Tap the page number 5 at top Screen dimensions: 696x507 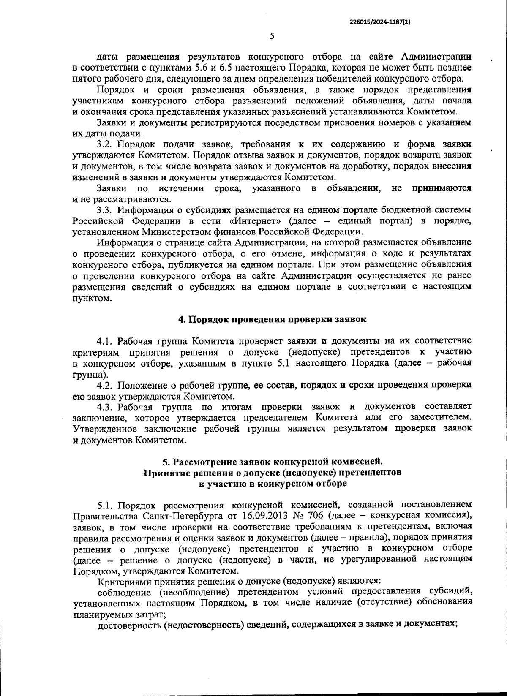point(272,36)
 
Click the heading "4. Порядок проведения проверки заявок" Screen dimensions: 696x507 point(272,319)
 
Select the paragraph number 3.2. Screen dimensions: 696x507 point(104,144)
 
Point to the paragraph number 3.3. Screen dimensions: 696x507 point(104,210)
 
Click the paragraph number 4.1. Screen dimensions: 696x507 point(104,341)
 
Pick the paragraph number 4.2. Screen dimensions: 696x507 point(104,385)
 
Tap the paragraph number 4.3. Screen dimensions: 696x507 point(104,407)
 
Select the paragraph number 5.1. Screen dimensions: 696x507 point(106,505)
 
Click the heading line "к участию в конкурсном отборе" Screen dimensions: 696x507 point(273,484)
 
